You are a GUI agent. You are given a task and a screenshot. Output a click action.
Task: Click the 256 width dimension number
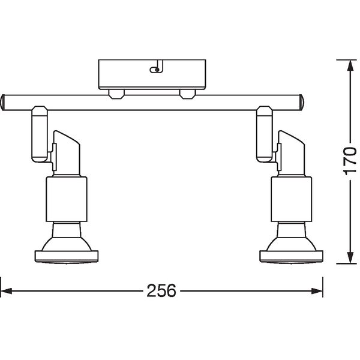tap(161, 290)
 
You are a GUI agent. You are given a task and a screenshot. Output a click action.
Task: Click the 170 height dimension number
tap(349, 161)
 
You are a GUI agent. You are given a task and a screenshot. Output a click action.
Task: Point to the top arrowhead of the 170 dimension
tap(350, 65)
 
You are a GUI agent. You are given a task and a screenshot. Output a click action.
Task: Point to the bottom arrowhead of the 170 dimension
tap(350, 257)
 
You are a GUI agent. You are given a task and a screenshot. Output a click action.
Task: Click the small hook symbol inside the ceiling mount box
tap(157, 67)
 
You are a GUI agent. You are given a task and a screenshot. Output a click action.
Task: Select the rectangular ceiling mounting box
tap(152, 74)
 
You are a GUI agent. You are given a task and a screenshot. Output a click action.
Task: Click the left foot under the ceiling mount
tap(116, 94)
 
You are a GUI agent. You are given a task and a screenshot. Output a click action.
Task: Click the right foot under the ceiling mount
tap(188, 94)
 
